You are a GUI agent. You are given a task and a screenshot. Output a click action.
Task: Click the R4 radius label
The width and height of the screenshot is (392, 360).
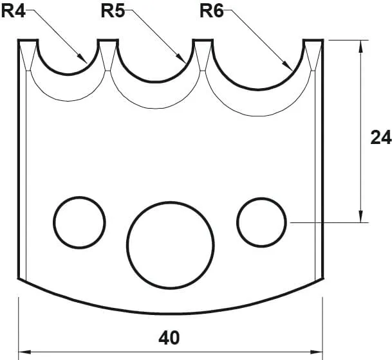[x=15, y=12]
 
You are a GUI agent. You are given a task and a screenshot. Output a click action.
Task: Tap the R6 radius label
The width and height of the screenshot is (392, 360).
[x=212, y=12]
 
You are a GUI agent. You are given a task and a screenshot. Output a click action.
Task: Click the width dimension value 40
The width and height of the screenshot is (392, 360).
[x=169, y=337]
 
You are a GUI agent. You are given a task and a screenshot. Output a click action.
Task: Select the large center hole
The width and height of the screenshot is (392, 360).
[x=170, y=243]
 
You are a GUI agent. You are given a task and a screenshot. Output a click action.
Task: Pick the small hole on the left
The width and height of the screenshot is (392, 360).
[x=79, y=222]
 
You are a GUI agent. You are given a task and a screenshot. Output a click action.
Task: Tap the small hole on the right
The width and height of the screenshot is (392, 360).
[x=261, y=222]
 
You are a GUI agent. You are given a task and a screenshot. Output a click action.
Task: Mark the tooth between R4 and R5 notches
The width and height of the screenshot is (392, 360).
[x=107, y=49]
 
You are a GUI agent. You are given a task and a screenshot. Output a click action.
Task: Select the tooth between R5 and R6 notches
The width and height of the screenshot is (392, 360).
[x=203, y=49]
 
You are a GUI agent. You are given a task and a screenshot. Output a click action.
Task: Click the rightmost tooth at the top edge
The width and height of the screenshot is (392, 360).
[x=313, y=49]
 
